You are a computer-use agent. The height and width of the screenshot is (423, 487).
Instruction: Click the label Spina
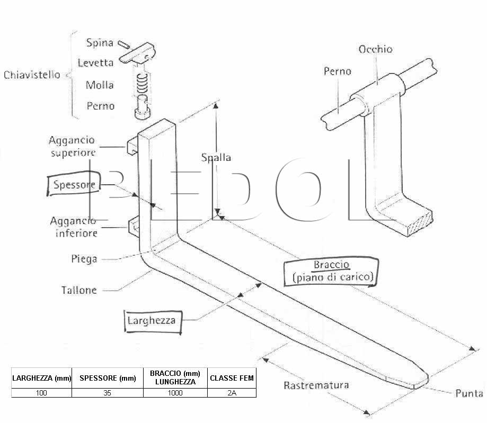100,42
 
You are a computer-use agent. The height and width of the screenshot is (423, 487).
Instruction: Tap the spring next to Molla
142,84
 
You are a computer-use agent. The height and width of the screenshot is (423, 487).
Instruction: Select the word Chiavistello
32,75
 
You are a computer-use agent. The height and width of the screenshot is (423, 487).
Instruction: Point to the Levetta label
95,62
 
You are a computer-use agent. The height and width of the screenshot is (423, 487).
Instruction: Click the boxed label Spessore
74,184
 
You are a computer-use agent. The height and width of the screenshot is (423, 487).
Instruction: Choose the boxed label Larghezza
153,321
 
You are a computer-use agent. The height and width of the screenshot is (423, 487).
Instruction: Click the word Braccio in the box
332,264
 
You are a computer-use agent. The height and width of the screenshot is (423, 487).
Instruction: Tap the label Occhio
375,49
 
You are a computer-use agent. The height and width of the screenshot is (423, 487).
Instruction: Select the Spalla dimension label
216,157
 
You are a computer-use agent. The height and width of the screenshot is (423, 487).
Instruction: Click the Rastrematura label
316,385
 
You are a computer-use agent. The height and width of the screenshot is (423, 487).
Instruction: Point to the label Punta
469,393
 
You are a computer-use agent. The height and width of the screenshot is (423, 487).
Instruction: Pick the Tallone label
79,290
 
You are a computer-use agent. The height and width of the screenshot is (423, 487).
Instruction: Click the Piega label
84,259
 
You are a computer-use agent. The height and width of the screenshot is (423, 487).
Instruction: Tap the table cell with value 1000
175,393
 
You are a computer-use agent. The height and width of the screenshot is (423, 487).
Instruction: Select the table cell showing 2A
232,393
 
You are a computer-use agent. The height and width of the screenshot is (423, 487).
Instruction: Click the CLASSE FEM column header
232,378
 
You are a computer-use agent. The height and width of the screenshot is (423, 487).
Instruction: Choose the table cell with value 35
108,393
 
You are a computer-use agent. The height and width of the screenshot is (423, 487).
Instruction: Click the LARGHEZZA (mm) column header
42,378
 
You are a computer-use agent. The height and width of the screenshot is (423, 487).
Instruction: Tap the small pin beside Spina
123,44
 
